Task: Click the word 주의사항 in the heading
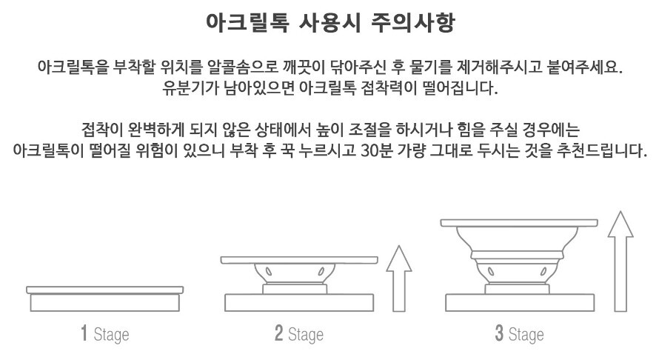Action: click(x=412, y=22)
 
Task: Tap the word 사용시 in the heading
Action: click(x=329, y=22)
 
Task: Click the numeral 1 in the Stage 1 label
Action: click(x=84, y=333)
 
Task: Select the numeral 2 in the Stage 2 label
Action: click(x=278, y=333)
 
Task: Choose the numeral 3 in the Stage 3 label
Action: click(x=499, y=333)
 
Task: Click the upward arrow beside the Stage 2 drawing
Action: click(x=399, y=279)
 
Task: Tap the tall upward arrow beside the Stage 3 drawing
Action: click(x=620, y=261)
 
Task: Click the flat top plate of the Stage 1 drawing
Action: click(x=104, y=290)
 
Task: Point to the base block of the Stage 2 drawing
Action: click(x=299, y=303)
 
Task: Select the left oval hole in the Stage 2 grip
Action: click(x=269, y=272)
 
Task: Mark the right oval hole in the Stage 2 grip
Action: click(x=321, y=272)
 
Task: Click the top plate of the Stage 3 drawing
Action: click(x=519, y=223)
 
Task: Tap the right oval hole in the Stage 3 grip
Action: click(x=543, y=271)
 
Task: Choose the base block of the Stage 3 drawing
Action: click(x=520, y=303)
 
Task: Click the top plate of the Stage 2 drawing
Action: click(x=299, y=260)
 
